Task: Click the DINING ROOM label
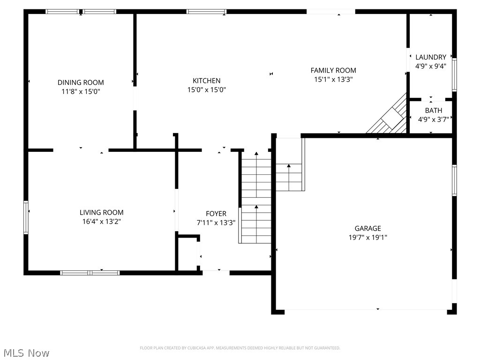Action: [x=81, y=82]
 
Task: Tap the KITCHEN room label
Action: [x=206, y=81]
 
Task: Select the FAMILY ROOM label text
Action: [x=333, y=70]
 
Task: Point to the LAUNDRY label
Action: [x=430, y=57]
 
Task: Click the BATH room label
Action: [x=433, y=111]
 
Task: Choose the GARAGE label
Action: [x=367, y=228]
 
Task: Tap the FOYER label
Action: [x=216, y=214]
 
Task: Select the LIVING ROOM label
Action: [x=101, y=212]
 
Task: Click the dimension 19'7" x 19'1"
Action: [x=367, y=237]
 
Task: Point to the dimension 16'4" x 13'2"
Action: [x=101, y=221]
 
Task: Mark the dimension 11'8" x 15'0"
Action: [x=81, y=91]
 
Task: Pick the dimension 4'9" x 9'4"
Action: [x=430, y=66]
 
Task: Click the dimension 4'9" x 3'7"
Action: [x=433, y=120]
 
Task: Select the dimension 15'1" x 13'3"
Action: [x=333, y=79]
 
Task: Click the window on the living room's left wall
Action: [x=26, y=217]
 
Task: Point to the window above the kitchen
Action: [x=206, y=11]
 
